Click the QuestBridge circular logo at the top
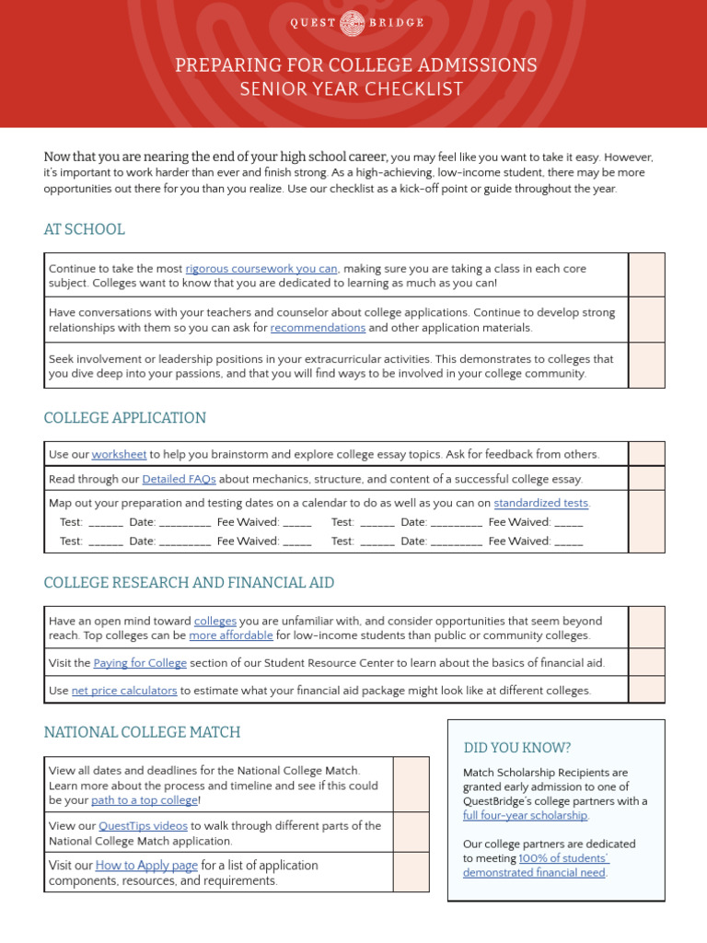pyautogui.click(x=353, y=23)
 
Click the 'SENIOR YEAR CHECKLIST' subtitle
pyautogui.click(x=353, y=89)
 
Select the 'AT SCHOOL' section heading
pyautogui.click(x=84, y=229)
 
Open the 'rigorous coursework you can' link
pyautogui.click(x=262, y=269)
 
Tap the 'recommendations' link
pyautogui.click(x=318, y=328)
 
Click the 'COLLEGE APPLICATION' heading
pyautogui.click(x=125, y=418)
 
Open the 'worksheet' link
pyautogui.click(x=119, y=454)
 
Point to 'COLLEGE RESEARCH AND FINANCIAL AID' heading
pyautogui.click(x=189, y=583)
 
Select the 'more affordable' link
pyautogui.click(x=231, y=635)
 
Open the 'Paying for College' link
pyautogui.click(x=140, y=663)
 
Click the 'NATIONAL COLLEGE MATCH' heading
pyautogui.click(x=142, y=732)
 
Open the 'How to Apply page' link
pyautogui.click(x=146, y=866)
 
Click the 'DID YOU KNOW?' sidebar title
pyautogui.click(x=517, y=748)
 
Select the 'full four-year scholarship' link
pyautogui.click(x=525, y=815)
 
